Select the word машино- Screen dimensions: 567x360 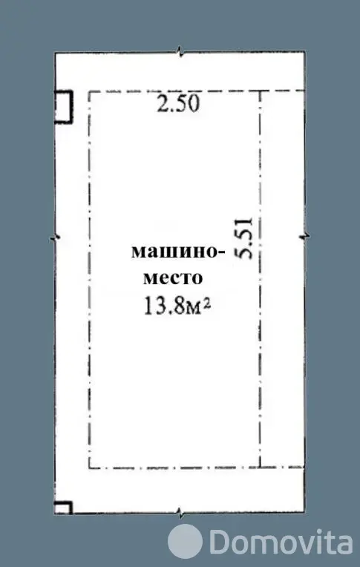coord(177,251)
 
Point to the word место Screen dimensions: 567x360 coord(171,278)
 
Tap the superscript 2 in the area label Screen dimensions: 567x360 coord(209,301)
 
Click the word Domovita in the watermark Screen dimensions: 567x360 coord(280,541)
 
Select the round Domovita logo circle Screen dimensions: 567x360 coord(185,540)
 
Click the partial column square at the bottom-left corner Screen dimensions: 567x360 coord(63,508)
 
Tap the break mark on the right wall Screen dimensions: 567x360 coord(304,237)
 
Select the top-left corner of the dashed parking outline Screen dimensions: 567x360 coord(89,91)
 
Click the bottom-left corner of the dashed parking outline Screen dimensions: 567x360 coord(89,468)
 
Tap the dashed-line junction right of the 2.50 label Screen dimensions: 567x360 coord(260,91)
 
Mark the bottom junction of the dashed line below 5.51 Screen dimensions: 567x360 coord(260,468)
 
